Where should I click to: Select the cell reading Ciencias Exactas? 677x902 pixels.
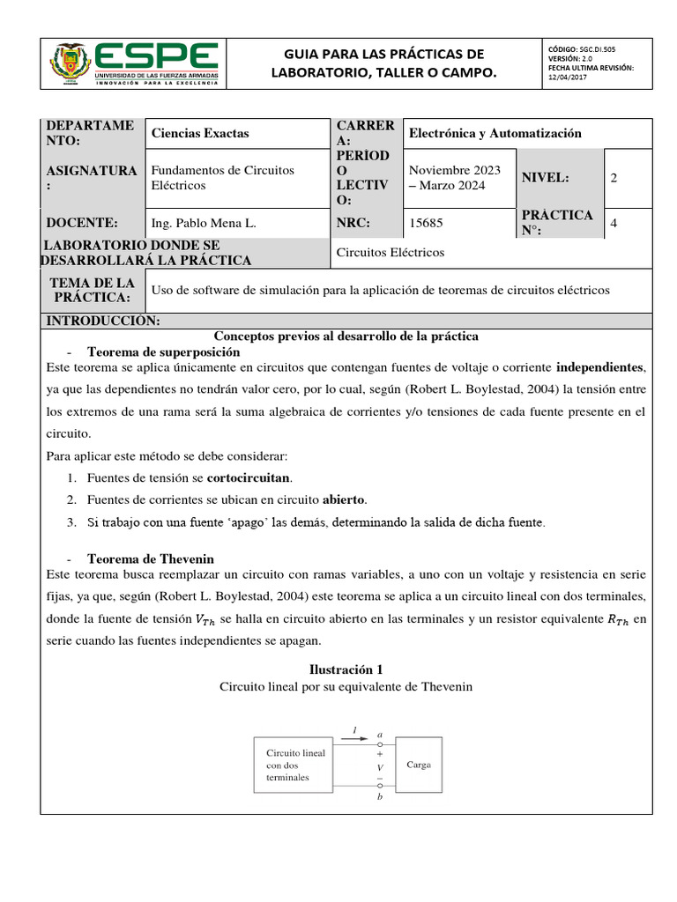pos(200,133)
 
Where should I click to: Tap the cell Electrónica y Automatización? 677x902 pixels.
pos(494,133)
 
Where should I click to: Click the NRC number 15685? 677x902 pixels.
pos(424,224)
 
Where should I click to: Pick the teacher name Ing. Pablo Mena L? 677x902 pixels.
pos(205,224)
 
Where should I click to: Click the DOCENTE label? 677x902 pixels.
pos(82,224)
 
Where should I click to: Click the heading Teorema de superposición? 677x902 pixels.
pos(163,351)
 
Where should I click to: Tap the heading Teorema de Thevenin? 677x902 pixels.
pos(150,559)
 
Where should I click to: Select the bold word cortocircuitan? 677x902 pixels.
pos(249,477)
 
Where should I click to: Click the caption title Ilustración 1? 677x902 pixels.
pos(346,669)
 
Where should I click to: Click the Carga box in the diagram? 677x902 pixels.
pos(419,765)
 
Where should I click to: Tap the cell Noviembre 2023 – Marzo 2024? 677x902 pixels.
pos(454,178)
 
